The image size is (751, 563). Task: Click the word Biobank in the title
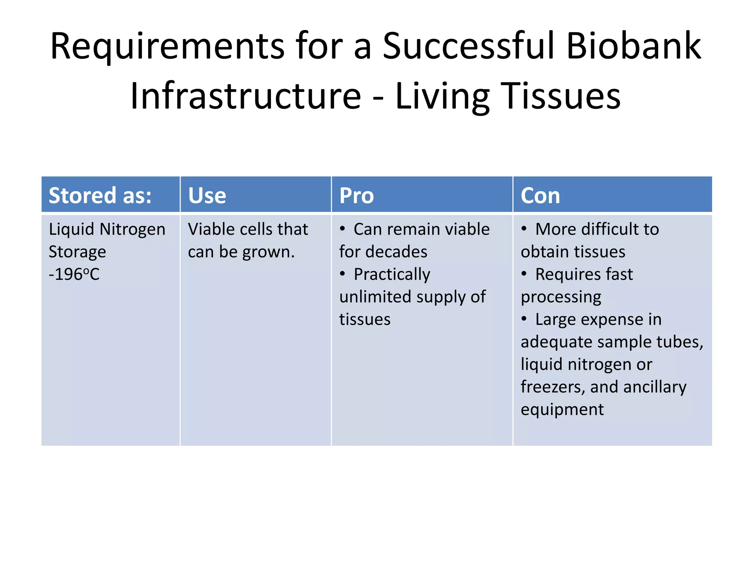(633, 46)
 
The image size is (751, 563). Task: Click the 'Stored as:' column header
(100, 195)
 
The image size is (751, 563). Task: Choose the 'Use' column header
(207, 195)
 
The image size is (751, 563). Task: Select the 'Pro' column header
(356, 195)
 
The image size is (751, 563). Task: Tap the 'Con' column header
(540, 195)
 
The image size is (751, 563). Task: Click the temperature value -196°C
(74, 274)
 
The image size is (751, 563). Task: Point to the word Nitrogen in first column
(132, 229)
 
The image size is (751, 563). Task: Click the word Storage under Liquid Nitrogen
(77, 252)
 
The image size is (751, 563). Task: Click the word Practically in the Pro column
(392, 275)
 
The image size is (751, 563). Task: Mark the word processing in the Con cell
(561, 297)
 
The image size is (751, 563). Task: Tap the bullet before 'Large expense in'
(524, 319)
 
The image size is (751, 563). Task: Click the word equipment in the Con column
(562, 410)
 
